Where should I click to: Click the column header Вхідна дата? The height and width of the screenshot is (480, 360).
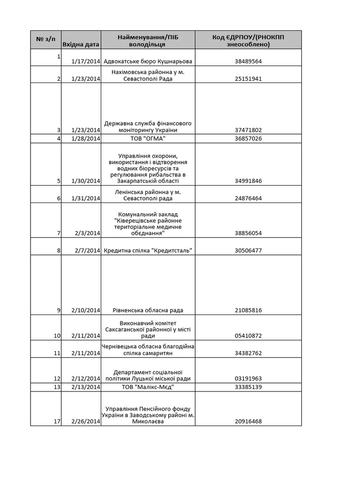point(81,45)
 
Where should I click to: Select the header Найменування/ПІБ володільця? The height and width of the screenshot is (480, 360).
point(148,41)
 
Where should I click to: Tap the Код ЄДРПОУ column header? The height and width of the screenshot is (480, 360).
point(248,41)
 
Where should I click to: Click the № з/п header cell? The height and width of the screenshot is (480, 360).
point(45,37)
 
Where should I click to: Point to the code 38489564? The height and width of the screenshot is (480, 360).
point(248,61)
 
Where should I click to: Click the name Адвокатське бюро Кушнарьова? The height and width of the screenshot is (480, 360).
point(148,61)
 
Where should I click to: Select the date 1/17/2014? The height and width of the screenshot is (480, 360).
point(86,61)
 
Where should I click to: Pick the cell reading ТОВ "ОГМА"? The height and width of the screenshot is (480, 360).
point(148,139)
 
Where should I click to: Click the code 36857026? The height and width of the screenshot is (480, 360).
point(248,139)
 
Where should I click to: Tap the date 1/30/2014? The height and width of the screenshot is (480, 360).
point(86,181)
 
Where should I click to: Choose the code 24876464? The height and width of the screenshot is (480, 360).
point(248,198)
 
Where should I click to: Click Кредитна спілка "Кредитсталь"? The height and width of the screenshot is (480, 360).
point(148,250)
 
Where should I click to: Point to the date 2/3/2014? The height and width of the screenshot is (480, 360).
point(88,233)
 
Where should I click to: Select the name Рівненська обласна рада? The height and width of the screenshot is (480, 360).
point(148,310)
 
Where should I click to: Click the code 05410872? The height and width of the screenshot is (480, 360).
point(248,336)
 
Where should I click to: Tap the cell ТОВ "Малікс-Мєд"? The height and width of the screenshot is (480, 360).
point(148,387)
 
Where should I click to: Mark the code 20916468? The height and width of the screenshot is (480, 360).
point(248,421)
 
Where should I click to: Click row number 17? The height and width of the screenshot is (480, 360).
point(57,421)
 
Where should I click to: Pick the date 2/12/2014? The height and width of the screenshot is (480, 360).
point(86,379)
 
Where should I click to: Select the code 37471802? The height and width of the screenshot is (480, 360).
point(248,130)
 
